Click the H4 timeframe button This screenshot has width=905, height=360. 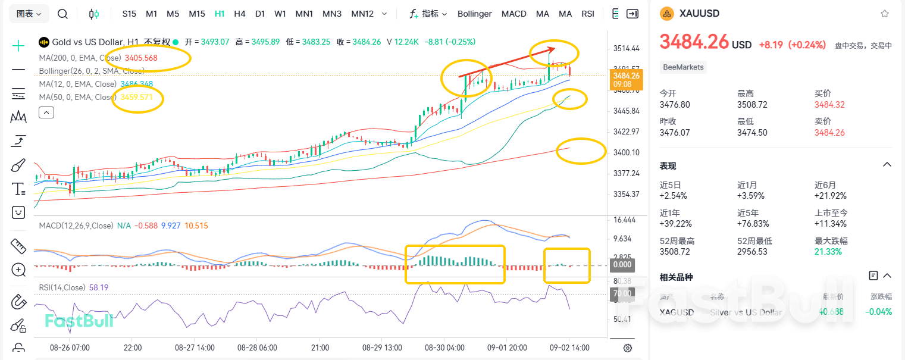click(x=240, y=13)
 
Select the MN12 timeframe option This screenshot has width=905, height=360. click(x=362, y=13)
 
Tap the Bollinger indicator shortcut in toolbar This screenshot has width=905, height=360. click(x=474, y=13)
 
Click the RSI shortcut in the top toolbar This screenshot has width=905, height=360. click(x=588, y=13)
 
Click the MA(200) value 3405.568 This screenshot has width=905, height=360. click(x=141, y=58)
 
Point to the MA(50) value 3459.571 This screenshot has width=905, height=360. click(x=136, y=97)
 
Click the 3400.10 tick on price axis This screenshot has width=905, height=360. click(x=627, y=152)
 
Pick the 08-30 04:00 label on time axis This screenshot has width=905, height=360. click(x=444, y=348)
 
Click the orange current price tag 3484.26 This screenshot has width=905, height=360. click(x=627, y=79)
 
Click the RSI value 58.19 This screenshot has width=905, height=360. click(x=99, y=287)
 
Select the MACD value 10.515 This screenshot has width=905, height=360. click(x=196, y=226)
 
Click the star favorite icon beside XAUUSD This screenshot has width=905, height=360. click(x=885, y=13)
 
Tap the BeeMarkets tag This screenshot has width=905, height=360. click(x=684, y=67)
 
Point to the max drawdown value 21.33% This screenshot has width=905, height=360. click(x=828, y=252)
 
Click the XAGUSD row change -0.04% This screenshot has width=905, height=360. click(x=878, y=312)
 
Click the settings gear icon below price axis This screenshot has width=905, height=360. click(x=627, y=348)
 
